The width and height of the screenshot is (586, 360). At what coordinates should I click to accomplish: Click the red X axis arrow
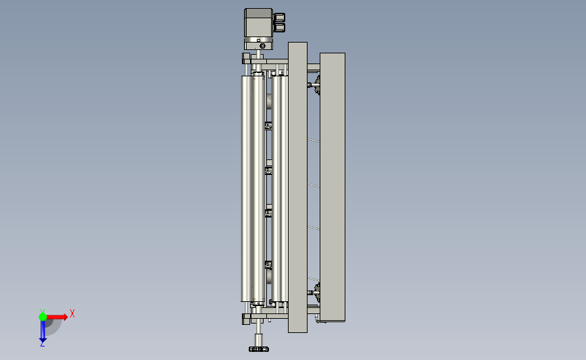pyautogui.click(x=57, y=317)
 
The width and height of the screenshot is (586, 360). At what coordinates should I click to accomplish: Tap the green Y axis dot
pyautogui.click(x=43, y=317)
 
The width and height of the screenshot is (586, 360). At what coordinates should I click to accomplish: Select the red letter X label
pyautogui.click(x=72, y=313)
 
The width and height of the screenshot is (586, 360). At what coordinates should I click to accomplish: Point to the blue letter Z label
pyautogui.click(x=42, y=344)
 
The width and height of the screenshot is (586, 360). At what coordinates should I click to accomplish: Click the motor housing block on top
pyautogui.click(x=258, y=22)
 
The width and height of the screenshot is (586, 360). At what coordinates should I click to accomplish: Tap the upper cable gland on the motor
pyautogui.click(x=279, y=17)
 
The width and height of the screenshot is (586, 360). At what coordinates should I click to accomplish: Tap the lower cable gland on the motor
pyautogui.click(x=279, y=27)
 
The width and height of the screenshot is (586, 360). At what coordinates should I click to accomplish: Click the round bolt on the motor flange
pyautogui.click(x=263, y=45)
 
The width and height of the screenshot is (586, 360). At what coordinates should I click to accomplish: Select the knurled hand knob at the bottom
pyautogui.click(x=259, y=349)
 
